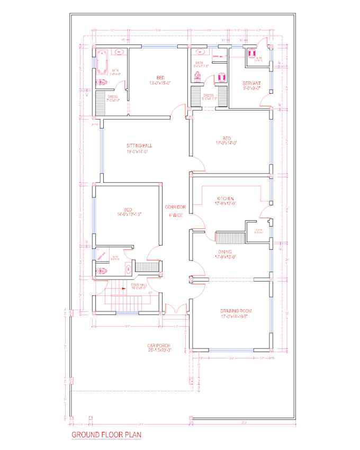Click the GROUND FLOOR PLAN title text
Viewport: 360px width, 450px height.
(x=106, y=436)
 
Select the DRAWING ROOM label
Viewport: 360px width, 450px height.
(x=236, y=311)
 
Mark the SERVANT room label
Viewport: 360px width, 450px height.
(x=252, y=83)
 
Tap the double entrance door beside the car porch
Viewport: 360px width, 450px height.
(x=174, y=310)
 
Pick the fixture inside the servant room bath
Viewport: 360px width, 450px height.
(x=252, y=53)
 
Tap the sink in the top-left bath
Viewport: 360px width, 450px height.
(x=119, y=52)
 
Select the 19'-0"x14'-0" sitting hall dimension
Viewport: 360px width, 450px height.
(x=140, y=152)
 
